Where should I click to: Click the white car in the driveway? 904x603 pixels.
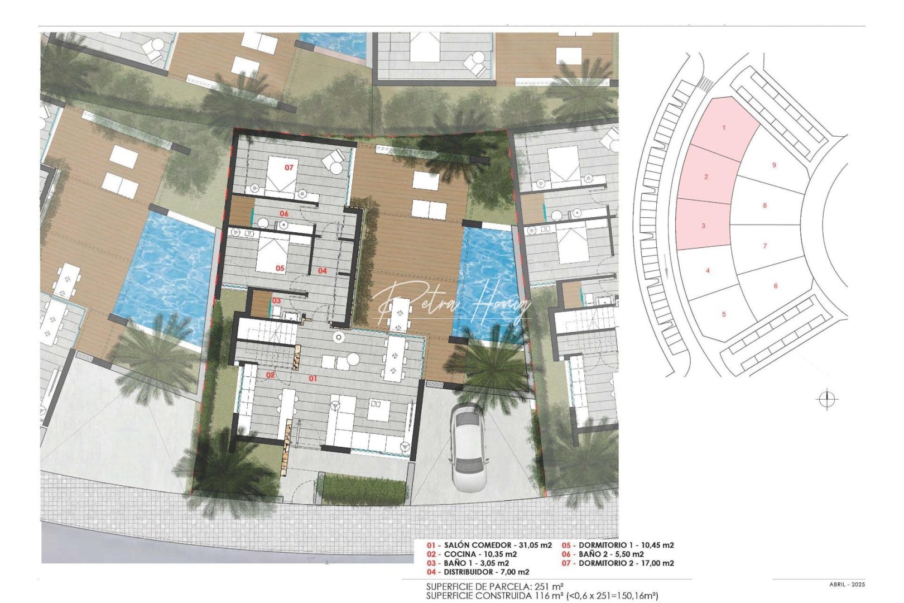[467, 447]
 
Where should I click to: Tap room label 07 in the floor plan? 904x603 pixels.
[289, 167]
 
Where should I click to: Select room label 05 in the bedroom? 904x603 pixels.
[280, 269]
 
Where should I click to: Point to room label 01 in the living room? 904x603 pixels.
[313, 379]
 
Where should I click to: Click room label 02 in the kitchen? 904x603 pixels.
[270, 375]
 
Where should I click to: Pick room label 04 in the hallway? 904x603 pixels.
[323, 271]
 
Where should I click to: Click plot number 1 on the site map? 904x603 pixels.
[724, 128]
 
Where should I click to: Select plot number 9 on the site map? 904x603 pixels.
[774, 165]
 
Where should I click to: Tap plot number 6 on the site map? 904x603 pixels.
[775, 286]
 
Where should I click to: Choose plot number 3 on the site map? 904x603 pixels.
[703, 226]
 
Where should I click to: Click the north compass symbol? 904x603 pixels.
[827, 400]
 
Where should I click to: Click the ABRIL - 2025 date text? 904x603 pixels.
[847, 585]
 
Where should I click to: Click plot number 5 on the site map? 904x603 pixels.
[724, 314]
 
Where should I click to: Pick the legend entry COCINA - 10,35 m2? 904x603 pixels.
[472, 554]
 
